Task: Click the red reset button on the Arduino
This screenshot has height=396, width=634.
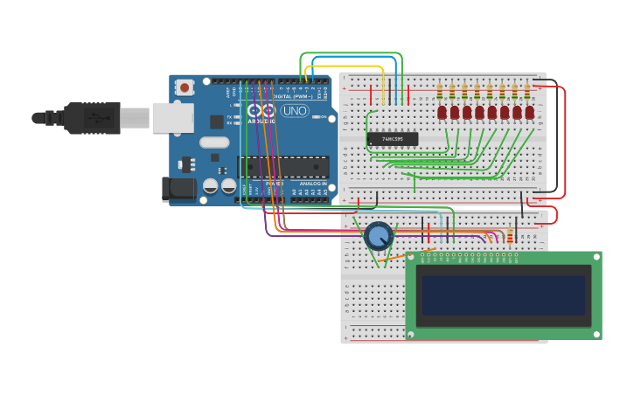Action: tap(185, 87)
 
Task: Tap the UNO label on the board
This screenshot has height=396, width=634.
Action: tap(294, 111)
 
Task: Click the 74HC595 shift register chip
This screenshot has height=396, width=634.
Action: tap(393, 139)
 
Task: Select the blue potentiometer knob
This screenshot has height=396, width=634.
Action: tap(379, 236)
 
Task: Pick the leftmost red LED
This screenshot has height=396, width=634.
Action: tap(442, 113)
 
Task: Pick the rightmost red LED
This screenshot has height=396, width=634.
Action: tap(529, 113)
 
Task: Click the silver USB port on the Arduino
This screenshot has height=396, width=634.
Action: tap(172, 117)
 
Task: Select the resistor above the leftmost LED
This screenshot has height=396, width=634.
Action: tap(439, 91)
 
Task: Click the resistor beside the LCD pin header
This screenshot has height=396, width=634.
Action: tap(511, 235)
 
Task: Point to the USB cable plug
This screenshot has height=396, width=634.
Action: tap(92, 117)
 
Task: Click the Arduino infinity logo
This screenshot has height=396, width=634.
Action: tap(261, 111)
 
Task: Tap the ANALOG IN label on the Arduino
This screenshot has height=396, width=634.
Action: tap(311, 183)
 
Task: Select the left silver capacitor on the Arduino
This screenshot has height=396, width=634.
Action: tap(211, 185)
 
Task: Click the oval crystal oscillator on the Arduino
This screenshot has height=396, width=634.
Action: tap(214, 142)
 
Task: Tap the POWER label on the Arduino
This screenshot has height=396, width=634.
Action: tap(274, 183)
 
